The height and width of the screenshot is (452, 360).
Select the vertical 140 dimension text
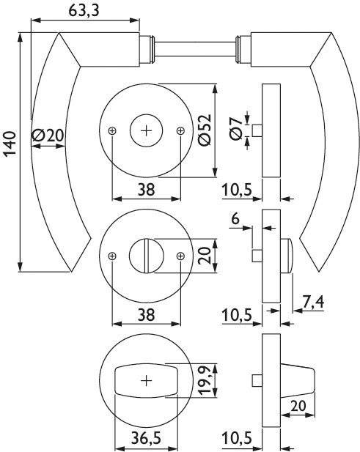tap(10, 144)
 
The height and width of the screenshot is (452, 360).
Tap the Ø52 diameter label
tap(202, 130)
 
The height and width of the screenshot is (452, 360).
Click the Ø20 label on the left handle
tap(48, 135)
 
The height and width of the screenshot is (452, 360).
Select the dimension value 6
tap(235, 218)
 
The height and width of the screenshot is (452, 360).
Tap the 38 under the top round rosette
tap(146, 189)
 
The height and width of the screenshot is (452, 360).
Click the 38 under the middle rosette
tap(146, 314)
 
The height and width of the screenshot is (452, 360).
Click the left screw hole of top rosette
tap(112, 130)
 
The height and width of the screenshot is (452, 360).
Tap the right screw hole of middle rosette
tap(180, 256)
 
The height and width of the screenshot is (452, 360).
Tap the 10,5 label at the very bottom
tap(237, 437)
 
